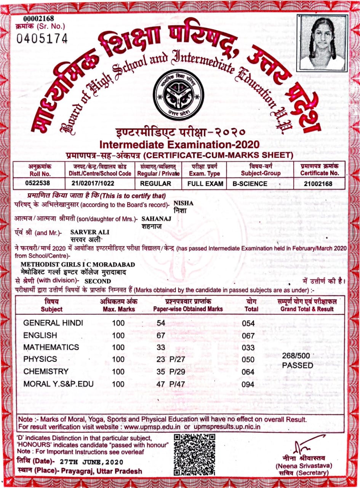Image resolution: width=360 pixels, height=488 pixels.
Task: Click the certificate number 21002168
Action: [318, 183]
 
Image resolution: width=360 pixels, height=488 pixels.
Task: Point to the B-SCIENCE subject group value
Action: [250, 183]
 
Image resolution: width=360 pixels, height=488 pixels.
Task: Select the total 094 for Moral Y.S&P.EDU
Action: [248, 384]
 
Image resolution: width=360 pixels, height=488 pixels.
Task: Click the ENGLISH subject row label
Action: [40, 335]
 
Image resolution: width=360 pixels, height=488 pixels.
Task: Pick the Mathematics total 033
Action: [248, 347]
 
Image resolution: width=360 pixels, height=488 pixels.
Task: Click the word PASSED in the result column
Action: [297, 366]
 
